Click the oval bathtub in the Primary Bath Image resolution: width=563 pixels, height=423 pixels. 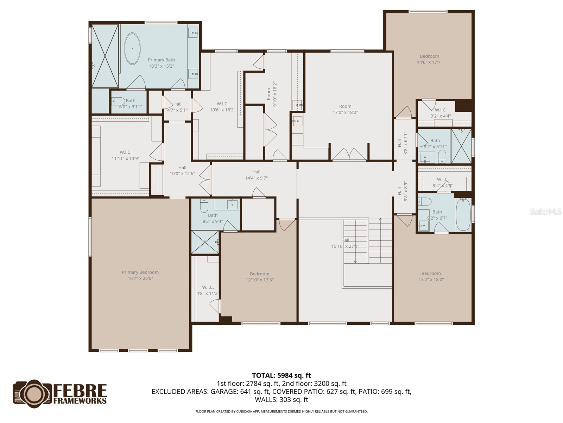[x=132, y=49]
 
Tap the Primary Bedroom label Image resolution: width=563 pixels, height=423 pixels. [x=140, y=272]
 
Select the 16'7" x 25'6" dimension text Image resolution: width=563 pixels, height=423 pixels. [x=140, y=278]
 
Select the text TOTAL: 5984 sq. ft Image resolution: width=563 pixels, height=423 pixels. [x=281, y=376]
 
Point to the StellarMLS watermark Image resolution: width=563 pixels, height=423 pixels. [x=545, y=212]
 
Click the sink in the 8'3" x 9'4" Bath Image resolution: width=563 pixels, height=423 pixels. [x=232, y=204]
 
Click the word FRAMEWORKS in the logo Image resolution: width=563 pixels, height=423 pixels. [x=80, y=401]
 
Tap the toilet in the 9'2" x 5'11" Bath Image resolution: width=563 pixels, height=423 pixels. [x=442, y=155]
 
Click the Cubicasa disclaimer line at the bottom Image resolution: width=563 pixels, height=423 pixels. [x=281, y=411]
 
